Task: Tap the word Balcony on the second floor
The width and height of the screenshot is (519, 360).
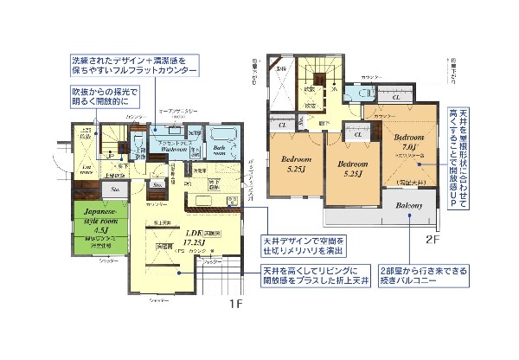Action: pos(409,205)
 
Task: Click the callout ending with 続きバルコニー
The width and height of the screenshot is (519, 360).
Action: pos(421,276)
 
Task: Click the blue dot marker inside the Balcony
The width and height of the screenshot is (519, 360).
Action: pos(409,220)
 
